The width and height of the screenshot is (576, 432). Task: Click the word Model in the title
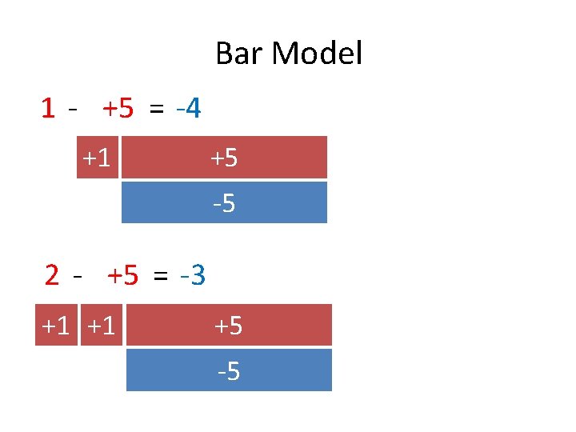317,54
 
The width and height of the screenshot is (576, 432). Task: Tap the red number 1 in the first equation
49,107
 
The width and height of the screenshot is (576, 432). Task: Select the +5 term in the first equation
118,107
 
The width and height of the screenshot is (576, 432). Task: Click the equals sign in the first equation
156,108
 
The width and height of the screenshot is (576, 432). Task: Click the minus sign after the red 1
74,108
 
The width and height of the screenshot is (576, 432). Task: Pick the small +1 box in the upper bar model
97,158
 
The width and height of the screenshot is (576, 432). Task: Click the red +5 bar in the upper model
224,158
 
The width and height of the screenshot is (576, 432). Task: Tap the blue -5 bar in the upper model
224,202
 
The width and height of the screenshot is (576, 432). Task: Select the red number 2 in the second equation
52,276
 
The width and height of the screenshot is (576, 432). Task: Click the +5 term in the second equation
122,276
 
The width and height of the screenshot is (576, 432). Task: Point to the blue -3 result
194,276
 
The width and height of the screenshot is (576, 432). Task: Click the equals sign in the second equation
161,277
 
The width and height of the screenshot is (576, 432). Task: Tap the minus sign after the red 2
77,277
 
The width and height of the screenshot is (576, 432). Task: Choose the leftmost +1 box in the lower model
56,326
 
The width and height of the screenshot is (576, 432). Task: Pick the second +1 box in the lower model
102,326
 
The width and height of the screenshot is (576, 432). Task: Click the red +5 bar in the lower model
229,326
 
